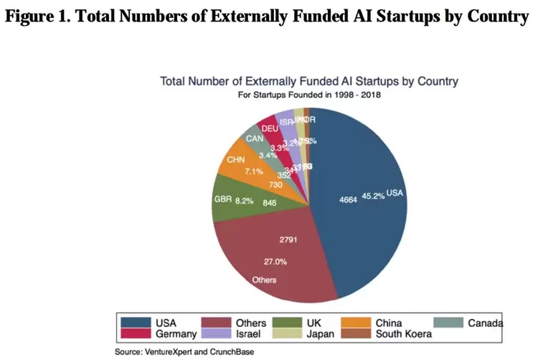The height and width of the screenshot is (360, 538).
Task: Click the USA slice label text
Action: pyautogui.click(x=395, y=194)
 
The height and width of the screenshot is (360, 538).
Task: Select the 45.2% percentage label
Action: pyautogui.click(x=373, y=196)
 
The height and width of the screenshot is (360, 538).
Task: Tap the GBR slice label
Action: pyautogui.click(x=223, y=202)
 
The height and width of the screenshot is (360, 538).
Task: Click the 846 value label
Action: pyautogui.click(x=271, y=203)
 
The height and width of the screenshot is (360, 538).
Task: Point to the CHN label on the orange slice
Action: pyautogui.click(x=236, y=159)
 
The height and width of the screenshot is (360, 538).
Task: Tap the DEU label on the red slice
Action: pyautogui.click(x=270, y=128)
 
